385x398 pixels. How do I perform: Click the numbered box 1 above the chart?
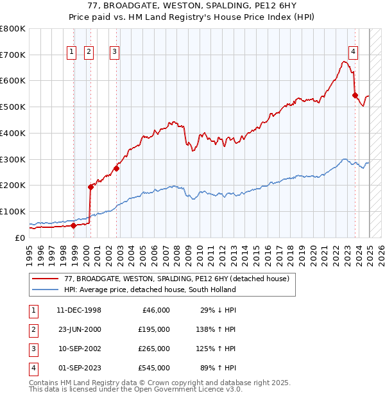point(71,53)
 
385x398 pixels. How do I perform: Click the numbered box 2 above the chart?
point(89,53)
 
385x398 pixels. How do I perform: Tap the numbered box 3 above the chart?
point(114,53)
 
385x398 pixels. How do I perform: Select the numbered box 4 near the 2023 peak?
point(353,53)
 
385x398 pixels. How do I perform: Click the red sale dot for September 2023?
point(355,95)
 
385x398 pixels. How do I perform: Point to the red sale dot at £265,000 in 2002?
point(116,168)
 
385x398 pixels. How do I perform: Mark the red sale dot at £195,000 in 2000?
point(90,187)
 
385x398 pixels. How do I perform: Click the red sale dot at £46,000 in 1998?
point(73,225)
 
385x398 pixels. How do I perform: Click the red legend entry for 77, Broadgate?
point(176,279)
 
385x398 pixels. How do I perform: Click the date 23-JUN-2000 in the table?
point(79,329)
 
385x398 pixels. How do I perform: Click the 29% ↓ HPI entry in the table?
point(218,310)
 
